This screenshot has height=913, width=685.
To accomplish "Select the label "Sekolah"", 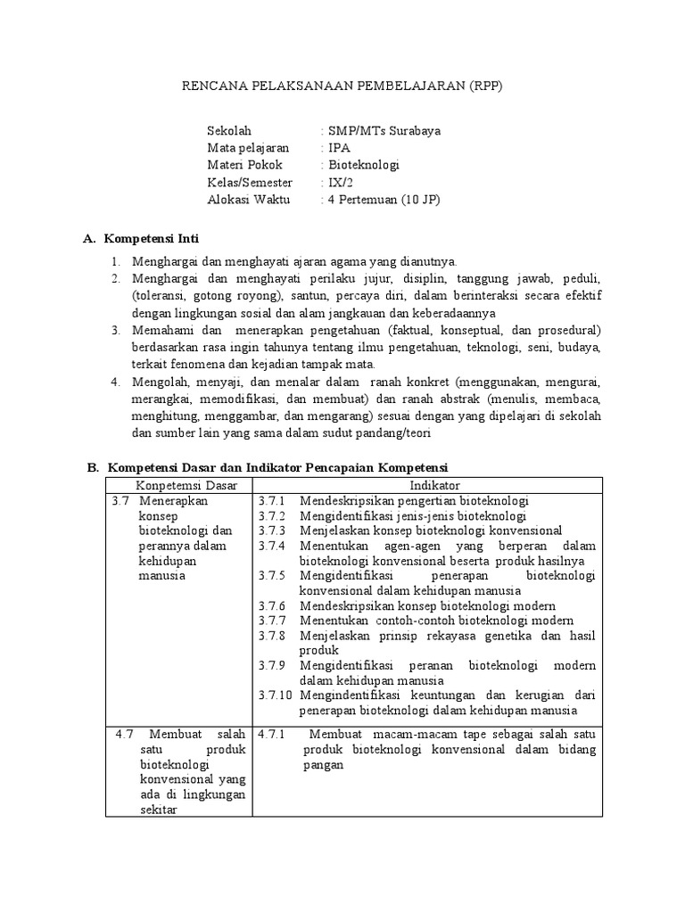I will point(229,130).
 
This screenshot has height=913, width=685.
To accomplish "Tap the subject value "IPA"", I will point(339,147).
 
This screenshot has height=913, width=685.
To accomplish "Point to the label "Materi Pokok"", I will point(244,165).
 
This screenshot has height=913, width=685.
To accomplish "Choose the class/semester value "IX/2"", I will point(341,182).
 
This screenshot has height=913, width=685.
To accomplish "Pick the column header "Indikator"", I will point(434,484).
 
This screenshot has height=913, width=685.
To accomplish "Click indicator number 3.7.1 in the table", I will point(270,500).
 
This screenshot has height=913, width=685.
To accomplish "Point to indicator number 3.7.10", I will point(274,695).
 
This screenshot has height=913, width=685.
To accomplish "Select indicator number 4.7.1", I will point(270,734).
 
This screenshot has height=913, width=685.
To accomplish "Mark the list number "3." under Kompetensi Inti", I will point(115,330).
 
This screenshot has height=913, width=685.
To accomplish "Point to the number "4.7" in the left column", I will point(124,734).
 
